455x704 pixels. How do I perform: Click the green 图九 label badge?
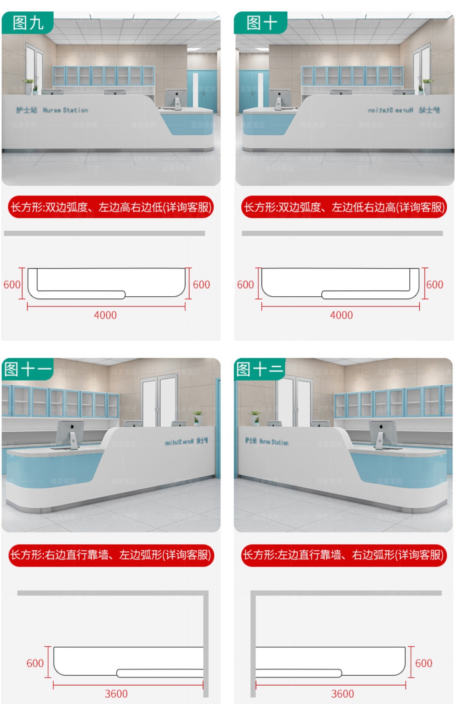(x=28, y=23)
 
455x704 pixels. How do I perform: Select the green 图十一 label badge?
(x=28, y=369)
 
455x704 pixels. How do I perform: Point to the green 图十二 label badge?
(x=260, y=369)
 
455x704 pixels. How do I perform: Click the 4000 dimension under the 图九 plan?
(x=105, y=315)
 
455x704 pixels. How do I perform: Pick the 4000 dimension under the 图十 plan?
(x=341, y=315)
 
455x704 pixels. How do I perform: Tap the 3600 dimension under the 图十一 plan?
(x=116, y=693)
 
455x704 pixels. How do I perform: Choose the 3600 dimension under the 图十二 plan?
(x=342, y=693)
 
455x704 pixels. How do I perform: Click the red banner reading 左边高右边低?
(x=111, y=207)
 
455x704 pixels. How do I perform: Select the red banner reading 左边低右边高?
(x=344, y=207)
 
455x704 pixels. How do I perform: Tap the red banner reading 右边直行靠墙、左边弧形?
(x=111, y=555)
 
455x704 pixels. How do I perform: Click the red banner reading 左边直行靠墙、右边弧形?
(x=343, y=555)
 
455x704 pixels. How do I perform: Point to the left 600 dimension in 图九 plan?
(x=12, y=285)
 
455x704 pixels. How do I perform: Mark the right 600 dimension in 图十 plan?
(x=435, y=285)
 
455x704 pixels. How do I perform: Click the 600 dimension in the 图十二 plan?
(x=423, y=663)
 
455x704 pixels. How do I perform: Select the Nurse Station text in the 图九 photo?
(x=65, y=110)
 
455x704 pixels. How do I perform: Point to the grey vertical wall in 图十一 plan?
(x=206, y=645)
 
